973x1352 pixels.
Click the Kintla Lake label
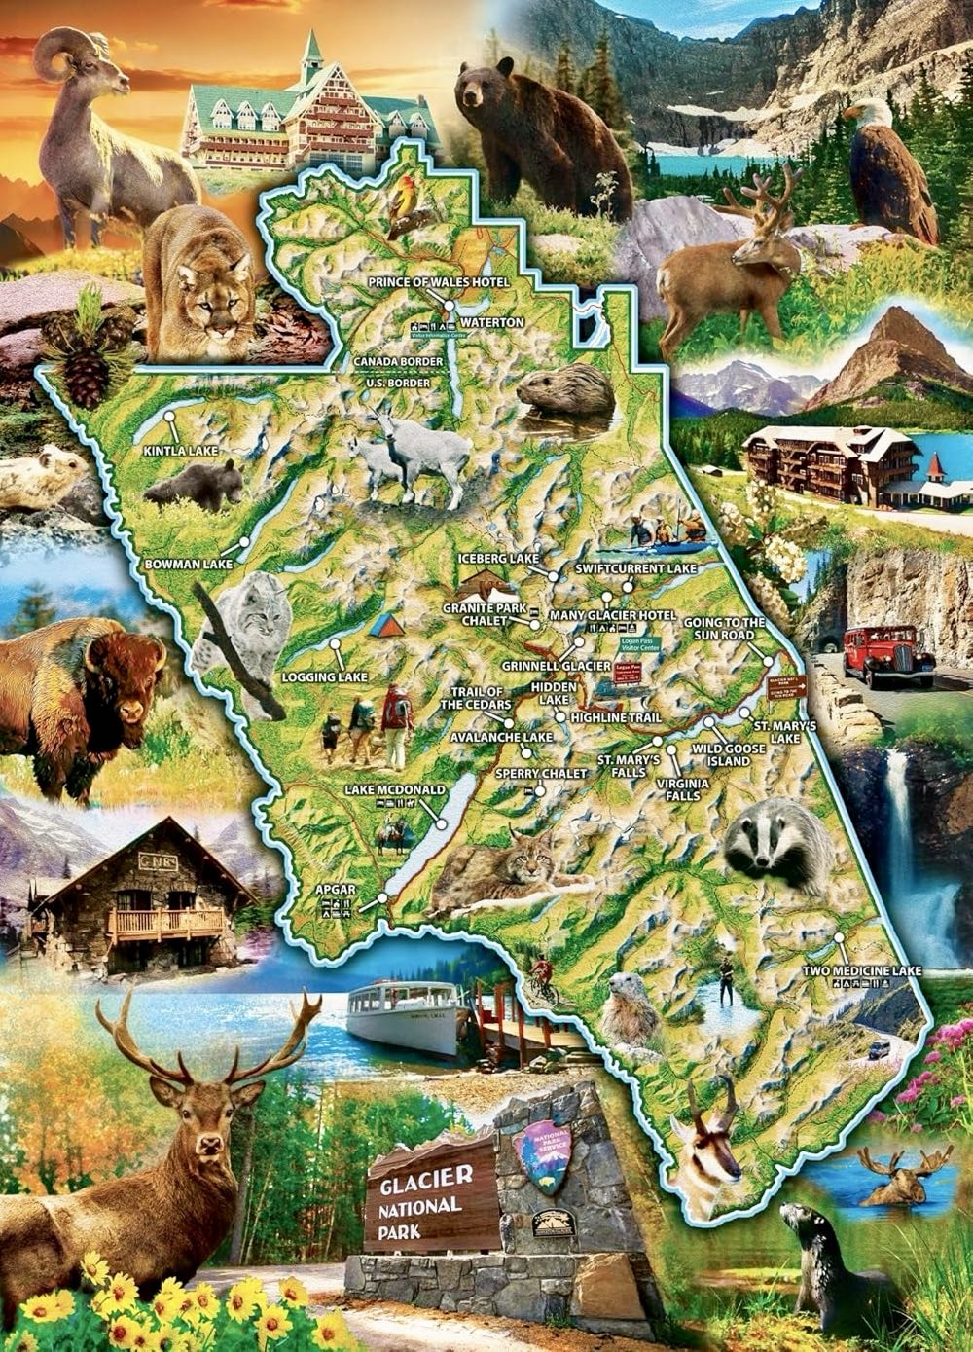pyautogui.click(x=181, y=452)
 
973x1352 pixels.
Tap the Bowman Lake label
pyautogui.click(x=188, y=564)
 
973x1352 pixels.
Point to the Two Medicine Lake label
pyautogui.click(x=862, y=970)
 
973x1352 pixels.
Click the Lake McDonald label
pyautogui.click(x=394, y=788)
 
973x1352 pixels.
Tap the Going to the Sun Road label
pyautogui.click(x=724, y=628)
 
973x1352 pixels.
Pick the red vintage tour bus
pyautogui.click(x=886, y=655)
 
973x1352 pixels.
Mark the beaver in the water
pyautogui.click(x=564, y=389)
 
